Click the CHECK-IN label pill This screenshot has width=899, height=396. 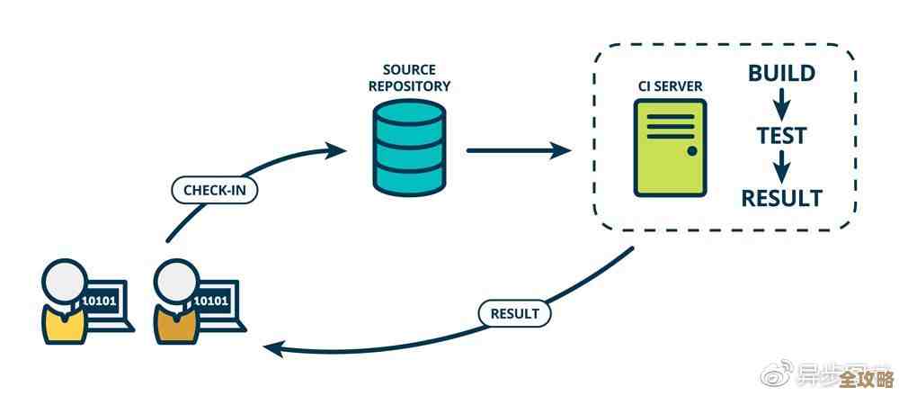click(214, 191)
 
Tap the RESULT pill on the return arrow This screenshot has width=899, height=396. click(514, 313)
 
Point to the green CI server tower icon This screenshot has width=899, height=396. click(669, 148)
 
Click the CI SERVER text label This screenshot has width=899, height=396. click(669, 86)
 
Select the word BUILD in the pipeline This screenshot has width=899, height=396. click(781, 73)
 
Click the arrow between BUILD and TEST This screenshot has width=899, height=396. click(781, 103)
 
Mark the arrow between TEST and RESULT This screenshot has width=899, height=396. click(781, 166)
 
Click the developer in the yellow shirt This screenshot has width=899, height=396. click(63, 305)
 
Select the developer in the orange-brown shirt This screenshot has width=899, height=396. click(176, 305)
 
